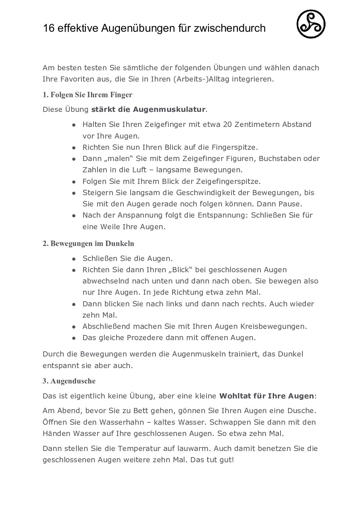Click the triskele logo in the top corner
tap(311, 24)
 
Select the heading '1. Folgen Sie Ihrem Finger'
tap(87, 95)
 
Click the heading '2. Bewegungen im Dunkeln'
tap(88, 244)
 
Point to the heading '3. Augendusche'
tap(69, 381)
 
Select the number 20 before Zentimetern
tap(227, 125)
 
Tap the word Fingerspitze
tap(235, 147)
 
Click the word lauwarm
tap(196, 448)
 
